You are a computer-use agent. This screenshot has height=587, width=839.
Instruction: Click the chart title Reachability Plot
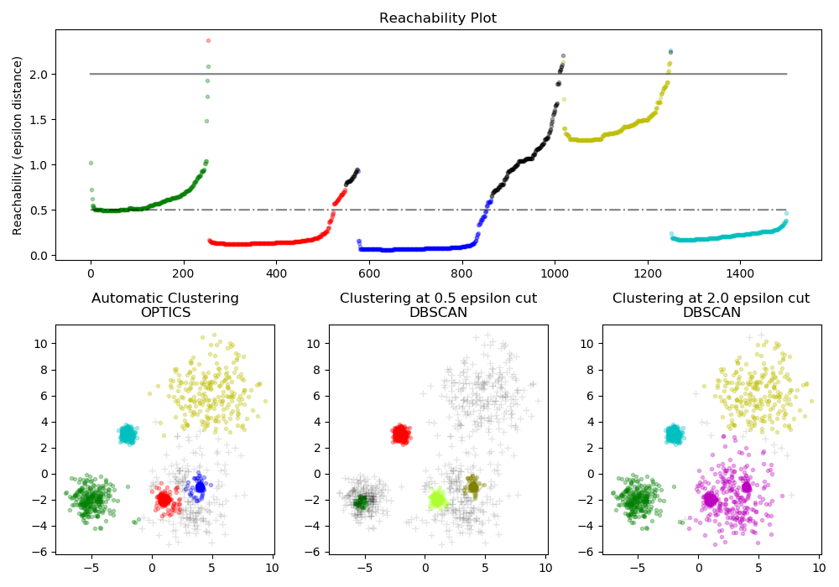(x=437, y=18)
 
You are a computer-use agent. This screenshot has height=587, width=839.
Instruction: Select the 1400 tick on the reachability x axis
(x=739, y=273)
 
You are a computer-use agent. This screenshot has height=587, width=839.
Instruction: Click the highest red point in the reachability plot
(x=208, y=40)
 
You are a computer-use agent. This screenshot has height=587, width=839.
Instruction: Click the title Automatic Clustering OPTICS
(x=164, y=305)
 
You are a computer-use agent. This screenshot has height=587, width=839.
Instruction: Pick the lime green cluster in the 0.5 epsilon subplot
(x=437, y=500)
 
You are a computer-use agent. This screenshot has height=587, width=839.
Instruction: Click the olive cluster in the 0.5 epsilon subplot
(x=473, y=486)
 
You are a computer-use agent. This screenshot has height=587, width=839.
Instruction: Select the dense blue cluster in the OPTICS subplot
(x=200, y=486)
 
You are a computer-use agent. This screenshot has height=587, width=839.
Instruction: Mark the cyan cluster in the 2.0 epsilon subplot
(x=674, y=434)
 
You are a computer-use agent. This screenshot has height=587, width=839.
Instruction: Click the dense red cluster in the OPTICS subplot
(x=164, y=500)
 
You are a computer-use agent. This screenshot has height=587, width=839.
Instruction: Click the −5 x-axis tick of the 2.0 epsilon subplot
(x=638, y=567)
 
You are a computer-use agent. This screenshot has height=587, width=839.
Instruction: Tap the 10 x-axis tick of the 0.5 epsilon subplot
(x=545, y=567)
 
